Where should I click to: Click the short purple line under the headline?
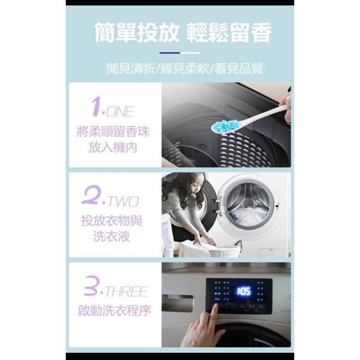179,53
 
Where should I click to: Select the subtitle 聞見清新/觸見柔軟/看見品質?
180,69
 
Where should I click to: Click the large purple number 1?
98,108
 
